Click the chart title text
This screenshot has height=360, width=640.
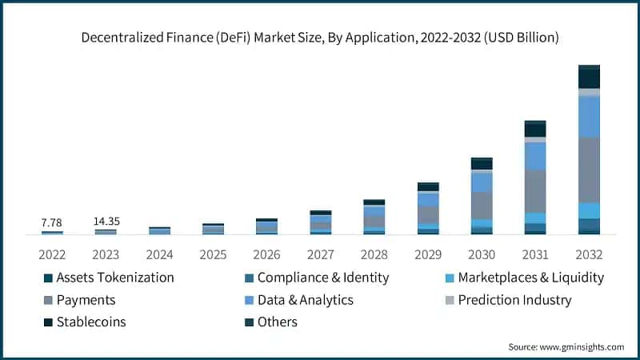tap(319, 37)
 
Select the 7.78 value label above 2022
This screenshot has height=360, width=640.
tap(51, 222)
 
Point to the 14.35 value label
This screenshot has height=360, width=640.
tap(106, 221)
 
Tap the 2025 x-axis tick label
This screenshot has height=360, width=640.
tap(214, 254)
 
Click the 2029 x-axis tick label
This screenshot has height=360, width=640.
tap(428, 254)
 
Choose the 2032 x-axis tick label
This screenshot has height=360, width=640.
tap(589, 254)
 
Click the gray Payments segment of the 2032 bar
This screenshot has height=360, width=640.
tap(589, 170)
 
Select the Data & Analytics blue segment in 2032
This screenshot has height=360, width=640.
tap(589, 117)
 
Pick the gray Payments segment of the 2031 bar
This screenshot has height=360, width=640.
tap(535, 190)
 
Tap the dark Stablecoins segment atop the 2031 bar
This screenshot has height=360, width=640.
tap(535, 130)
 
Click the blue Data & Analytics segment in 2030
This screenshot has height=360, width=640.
tap(482, 182)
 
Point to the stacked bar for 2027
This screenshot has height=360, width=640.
tap(321, 222)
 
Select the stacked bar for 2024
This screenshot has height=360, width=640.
tap(159, 230)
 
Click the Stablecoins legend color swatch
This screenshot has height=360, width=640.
tap(49, 322)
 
